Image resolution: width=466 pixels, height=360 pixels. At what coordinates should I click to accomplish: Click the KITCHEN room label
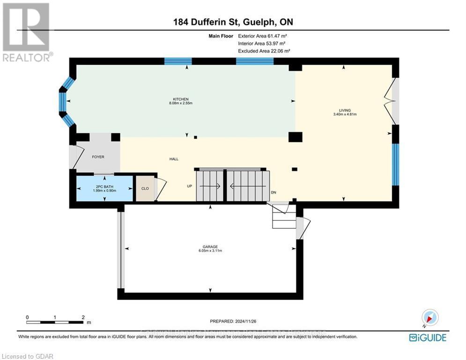pos(181,99)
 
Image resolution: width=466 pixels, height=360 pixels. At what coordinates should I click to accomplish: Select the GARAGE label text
pos(210,247)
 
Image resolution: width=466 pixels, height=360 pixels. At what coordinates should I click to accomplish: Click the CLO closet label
pos(145,189)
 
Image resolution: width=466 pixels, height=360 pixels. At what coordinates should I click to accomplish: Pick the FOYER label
pos(98,157)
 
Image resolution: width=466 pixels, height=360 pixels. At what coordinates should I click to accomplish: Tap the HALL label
pos(174,159)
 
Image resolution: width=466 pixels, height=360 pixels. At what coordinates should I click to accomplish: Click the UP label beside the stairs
pos(190,186)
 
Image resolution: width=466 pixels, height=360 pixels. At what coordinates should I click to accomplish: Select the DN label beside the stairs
pos(274,193)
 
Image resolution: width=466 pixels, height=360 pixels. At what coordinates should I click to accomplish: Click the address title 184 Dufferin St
pos(233,22)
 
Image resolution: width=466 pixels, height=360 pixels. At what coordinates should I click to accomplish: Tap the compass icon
pos(429,318)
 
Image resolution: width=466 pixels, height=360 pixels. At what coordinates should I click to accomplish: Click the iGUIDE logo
pos(427,337)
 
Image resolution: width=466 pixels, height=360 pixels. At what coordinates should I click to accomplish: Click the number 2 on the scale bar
pos(83,317)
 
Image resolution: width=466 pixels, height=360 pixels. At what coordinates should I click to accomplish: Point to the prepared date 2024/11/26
pos(233,321)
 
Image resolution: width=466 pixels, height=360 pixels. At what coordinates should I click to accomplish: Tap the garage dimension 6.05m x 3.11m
pos(210,251)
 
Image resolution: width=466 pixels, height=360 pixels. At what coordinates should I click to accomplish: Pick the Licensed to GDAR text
pos(27,356)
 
